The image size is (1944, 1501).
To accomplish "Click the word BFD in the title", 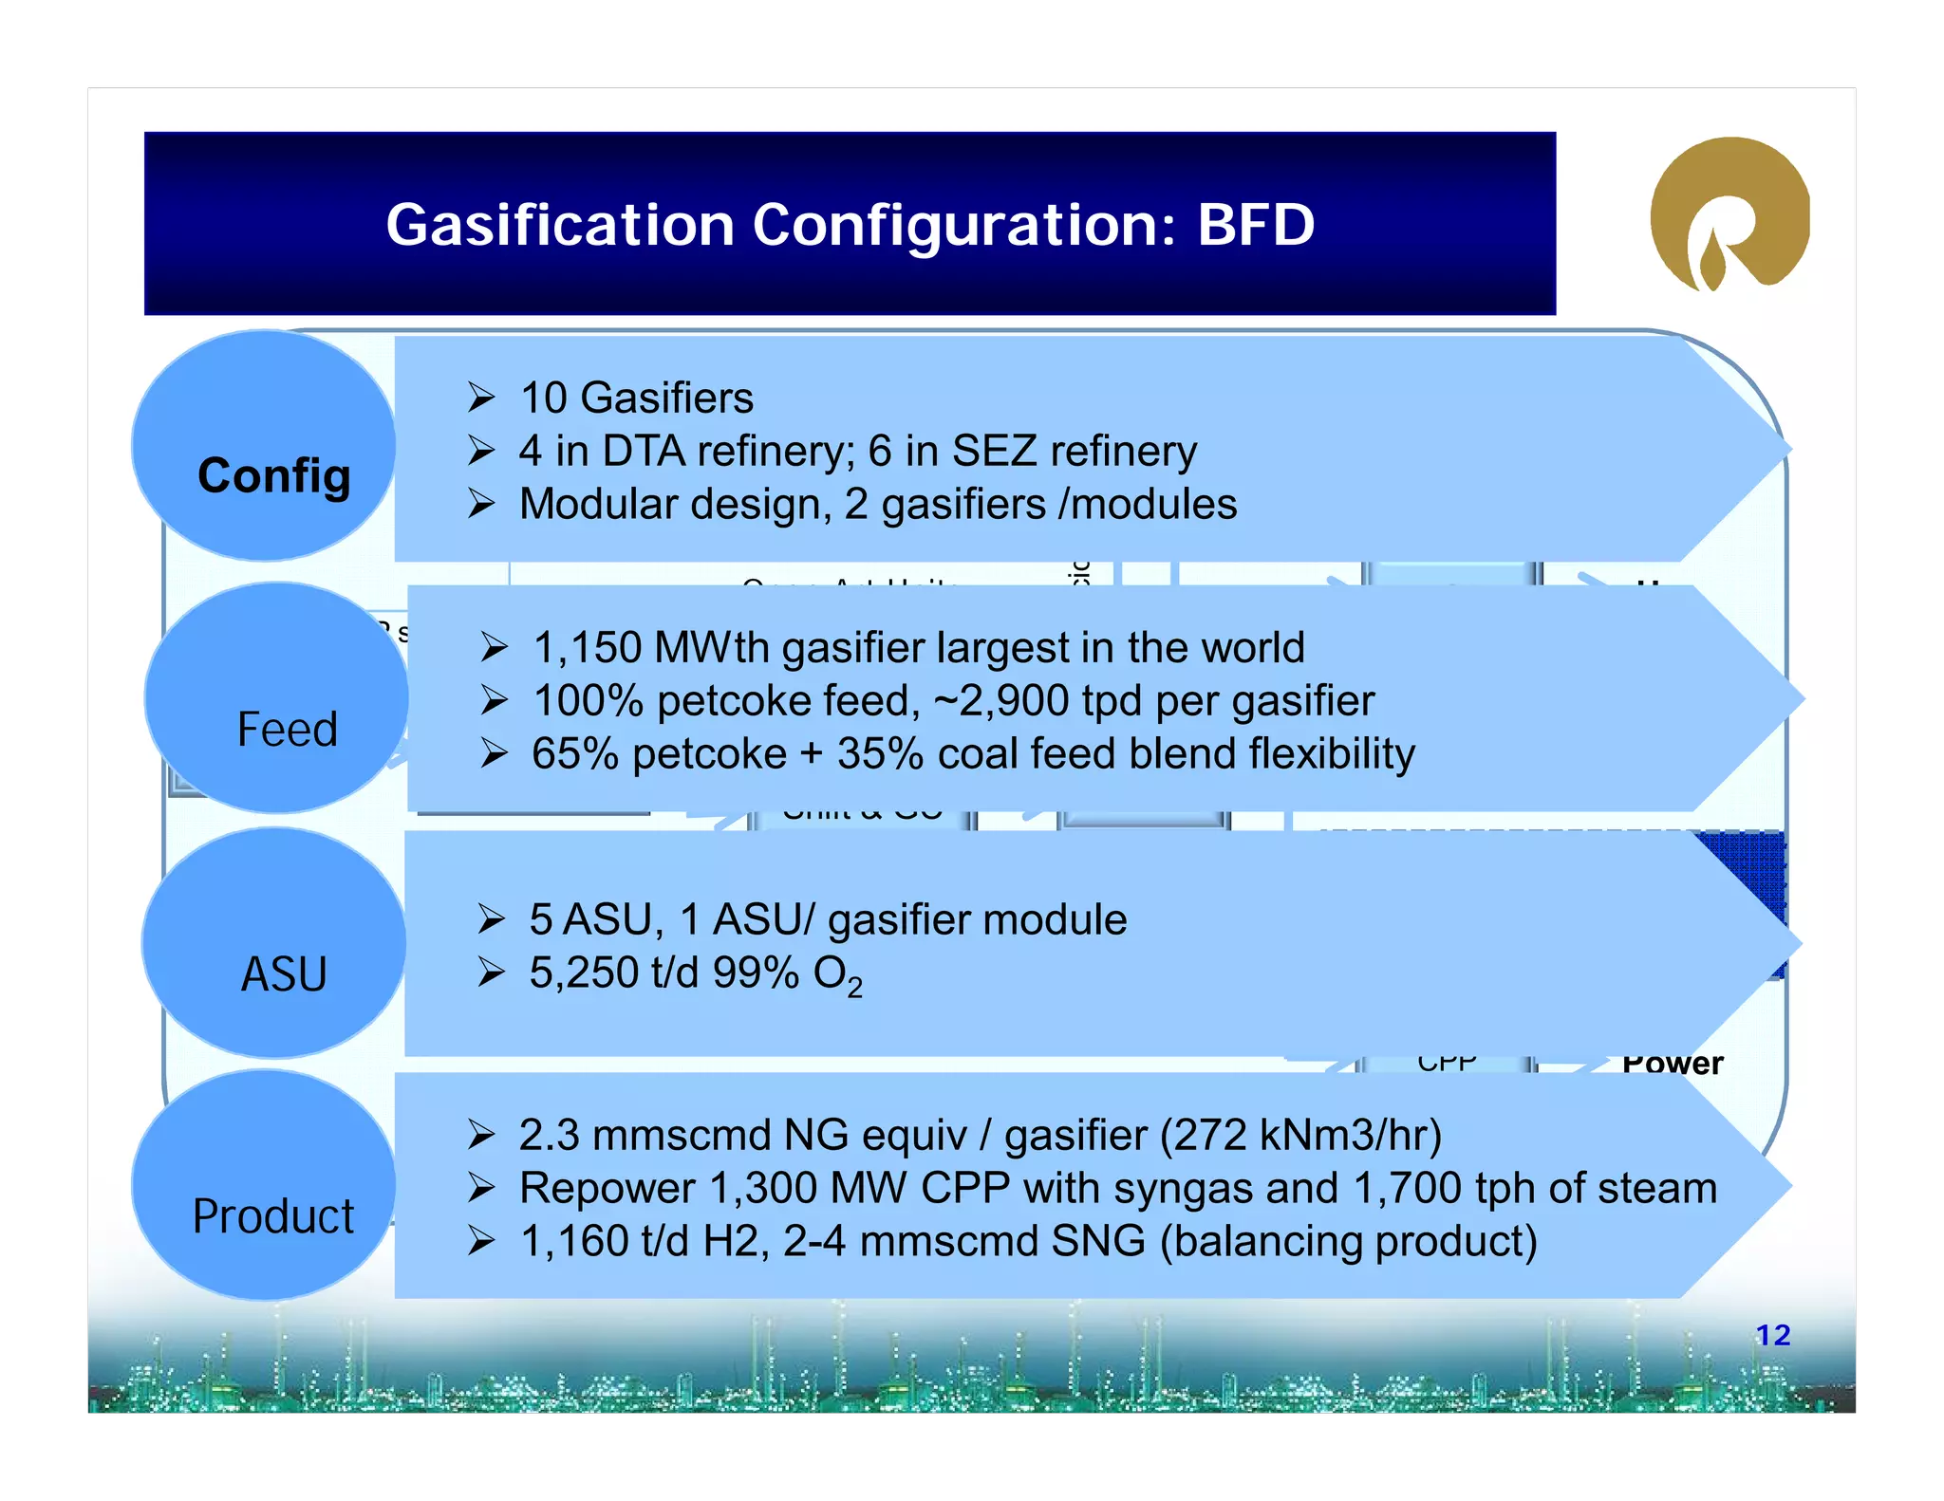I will click(1255, 225).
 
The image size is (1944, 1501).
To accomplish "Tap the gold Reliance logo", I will click(1729, 214).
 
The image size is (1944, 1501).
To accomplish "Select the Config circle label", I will click(273, 475).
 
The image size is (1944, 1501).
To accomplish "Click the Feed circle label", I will click(287, 730).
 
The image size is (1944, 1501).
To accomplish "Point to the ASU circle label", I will click(284, 974).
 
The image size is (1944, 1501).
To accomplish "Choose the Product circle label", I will click(272, 1216).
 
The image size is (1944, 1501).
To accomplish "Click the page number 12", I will click(1772, 1335).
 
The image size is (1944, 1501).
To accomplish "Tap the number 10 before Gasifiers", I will click(543, 398).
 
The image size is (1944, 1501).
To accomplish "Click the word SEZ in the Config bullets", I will click(994, 451).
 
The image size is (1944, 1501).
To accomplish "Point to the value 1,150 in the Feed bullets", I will click(587, 648).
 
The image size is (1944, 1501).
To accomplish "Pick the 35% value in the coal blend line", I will click(880, 754).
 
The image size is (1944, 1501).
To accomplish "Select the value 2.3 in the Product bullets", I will click(549, 1135).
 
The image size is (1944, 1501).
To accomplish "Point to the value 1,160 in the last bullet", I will click(574, 1241).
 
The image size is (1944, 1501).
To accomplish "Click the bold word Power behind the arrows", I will click(1673, 1064).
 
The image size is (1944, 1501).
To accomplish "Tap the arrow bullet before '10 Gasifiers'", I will click(481, 398).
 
